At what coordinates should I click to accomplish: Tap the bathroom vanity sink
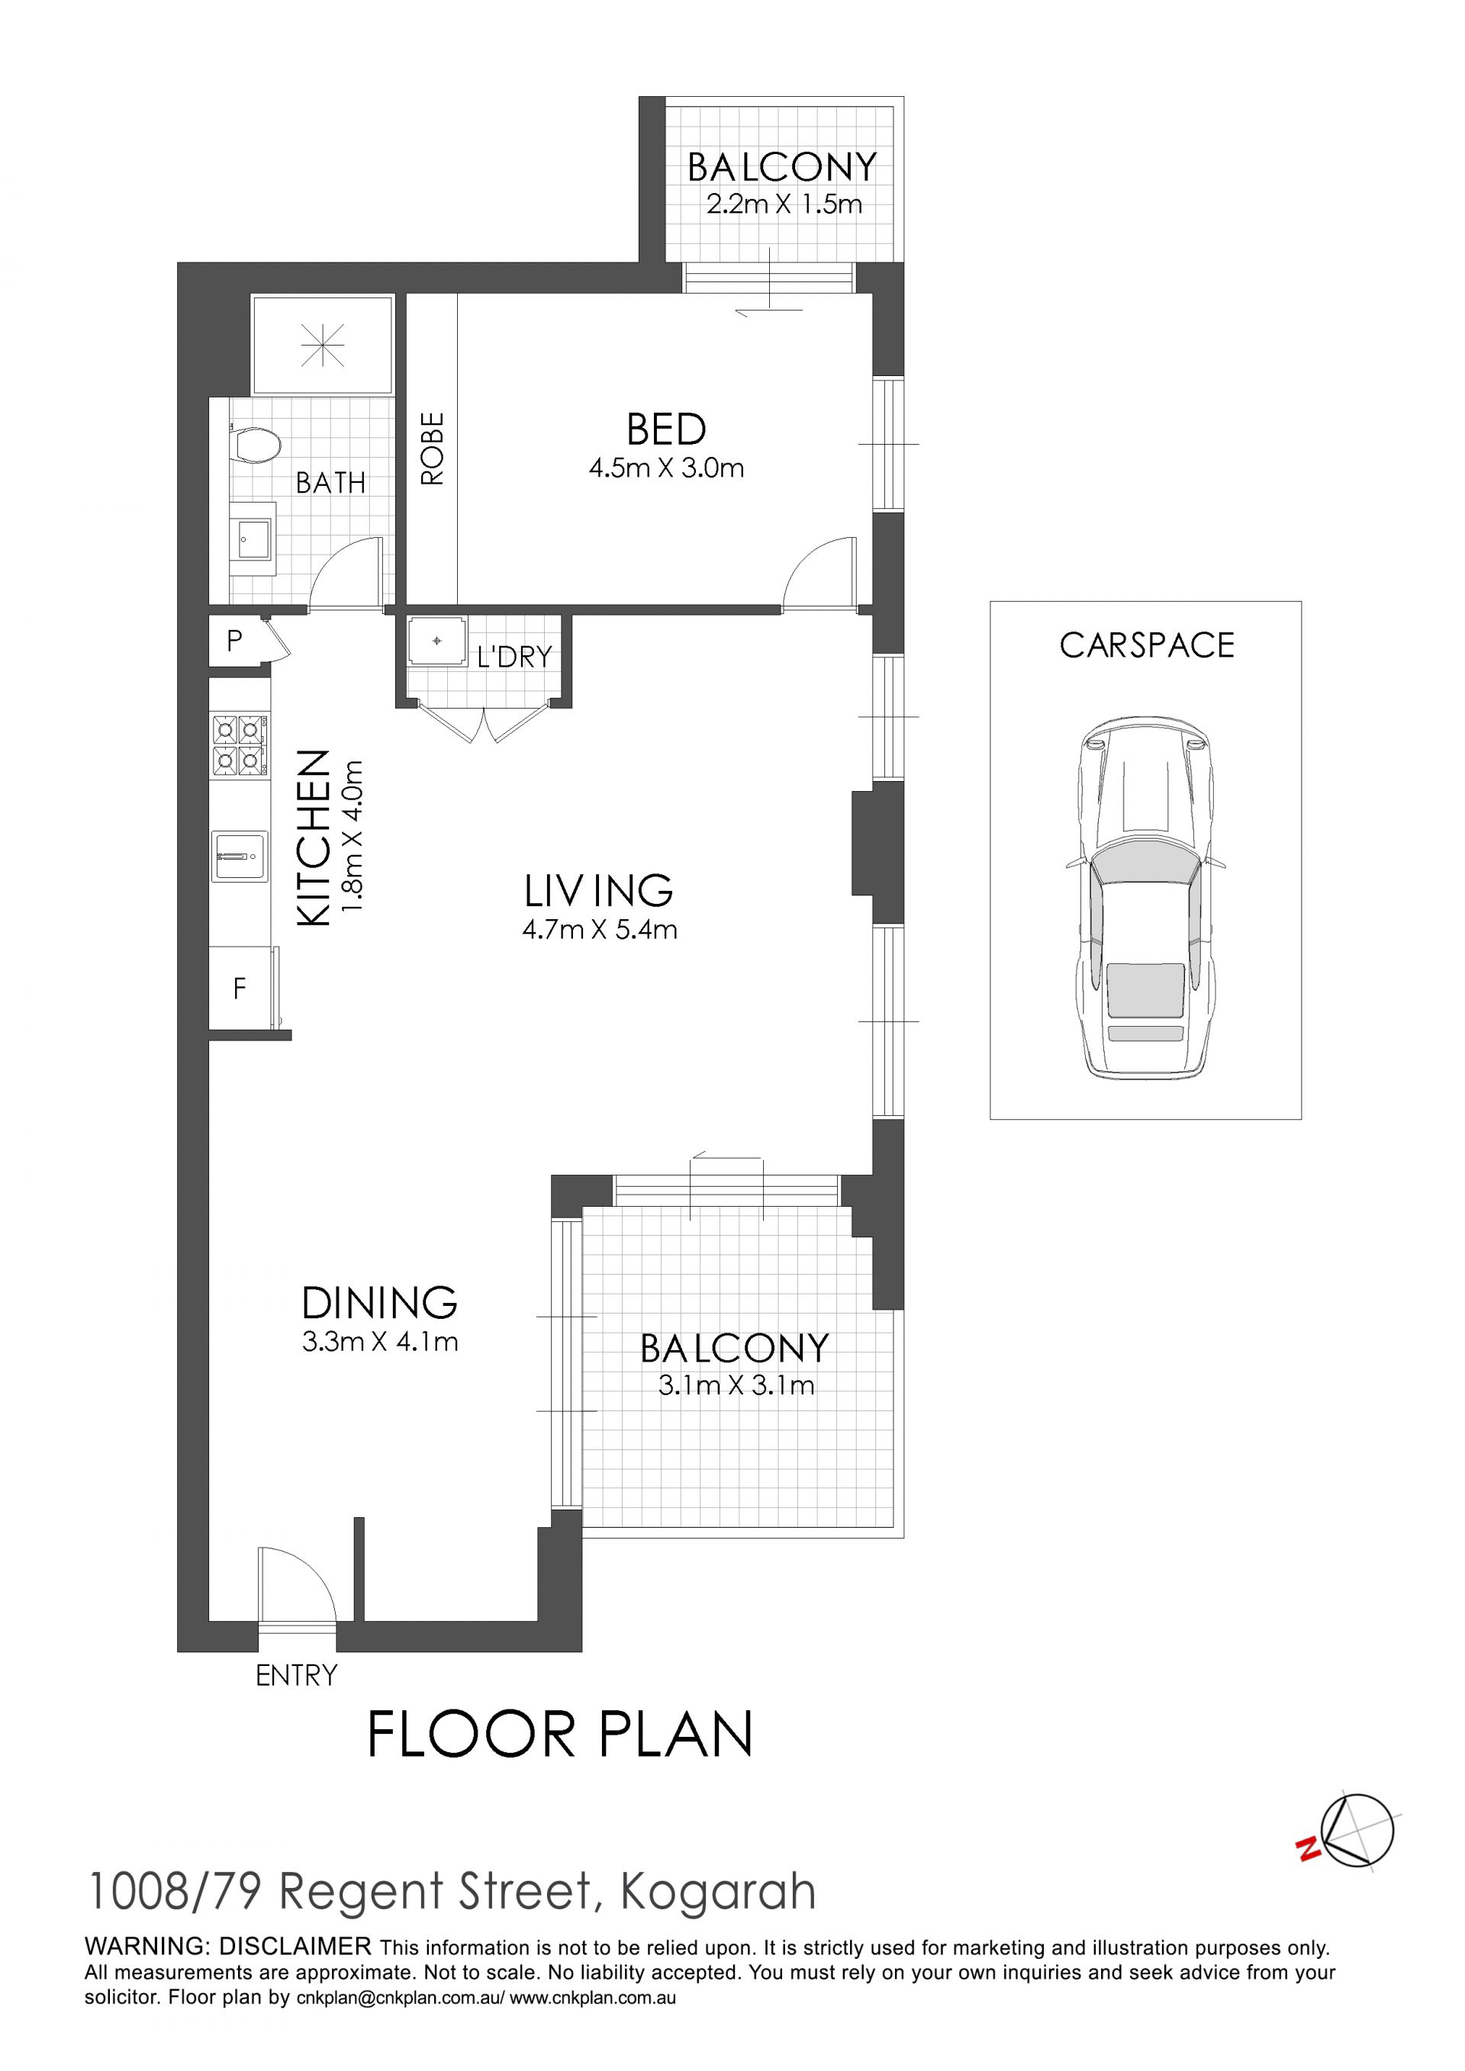pyautogui.click(x=253, y=541)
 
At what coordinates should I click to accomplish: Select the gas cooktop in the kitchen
pyautogui.click(x=239, y=745)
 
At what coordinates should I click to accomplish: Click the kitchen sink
pyautogui.click(x=239, y=855)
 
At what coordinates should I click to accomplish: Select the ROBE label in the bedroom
pyautogui.click(x=433, y=449)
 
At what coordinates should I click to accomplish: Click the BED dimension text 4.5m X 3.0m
pyautogui.click(x=666, y=468)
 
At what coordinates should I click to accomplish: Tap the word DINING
pyautogui.click(x=380, y=1303)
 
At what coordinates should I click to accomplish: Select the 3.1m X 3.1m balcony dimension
pyautogui.click(x=736, y=1384)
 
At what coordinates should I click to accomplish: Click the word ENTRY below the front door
pyautogui.click(x=297, y=1675)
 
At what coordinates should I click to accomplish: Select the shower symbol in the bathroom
pyautogui.click(x=323, y=345)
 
